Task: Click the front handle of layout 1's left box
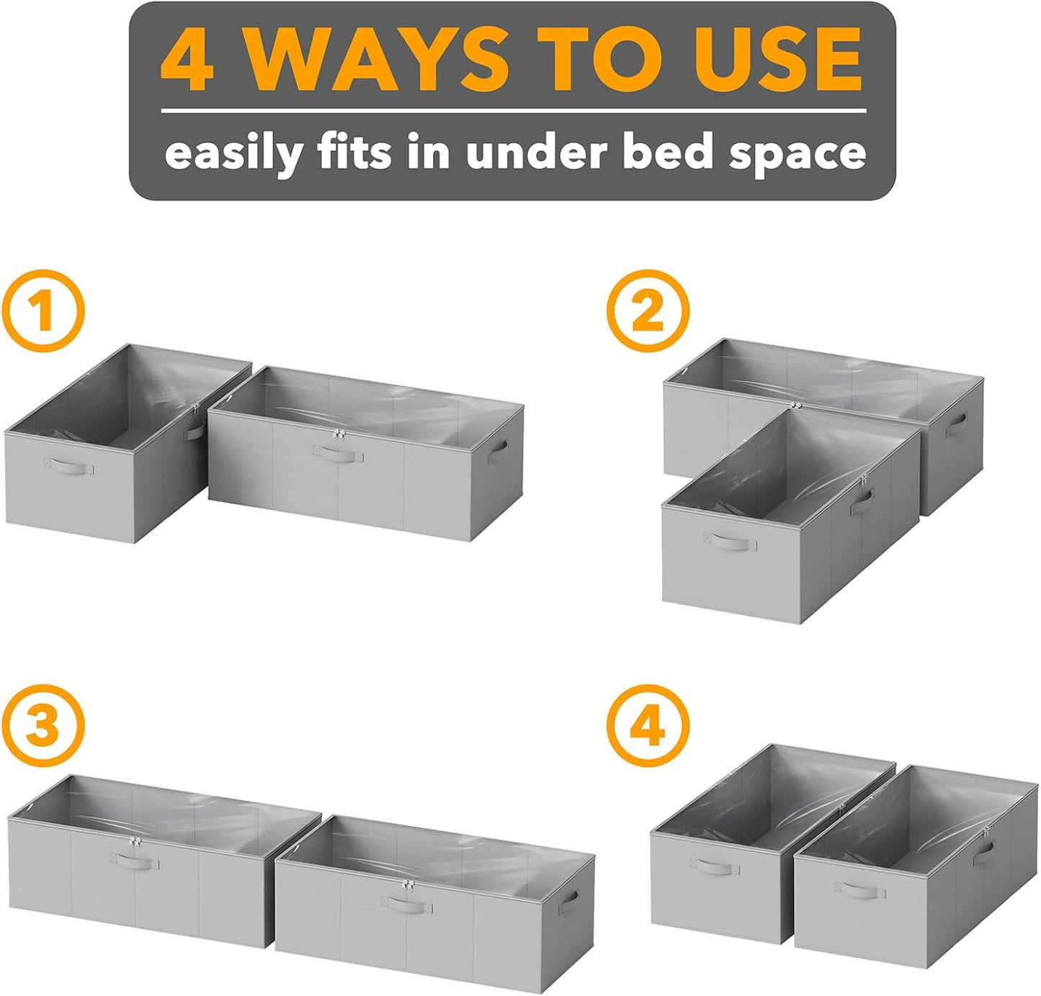coord(68,465)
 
